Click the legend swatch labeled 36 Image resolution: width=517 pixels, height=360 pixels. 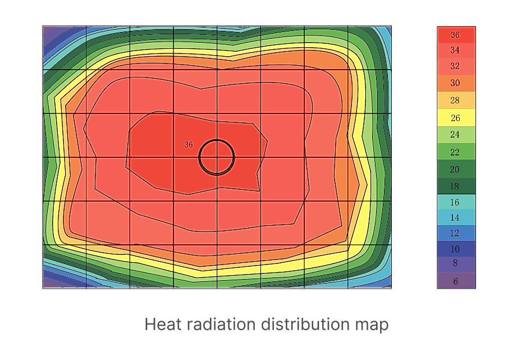(x=456, y=35)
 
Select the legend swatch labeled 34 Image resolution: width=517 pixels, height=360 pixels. (x=456, y=51)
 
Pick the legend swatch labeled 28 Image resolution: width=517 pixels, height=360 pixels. (x=456, y=101)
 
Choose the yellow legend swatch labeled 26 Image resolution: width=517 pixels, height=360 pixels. (x=456, y=118)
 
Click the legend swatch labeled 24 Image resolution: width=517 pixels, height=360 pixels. (x=456, y=135)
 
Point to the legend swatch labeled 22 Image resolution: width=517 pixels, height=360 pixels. (x=456, y=152)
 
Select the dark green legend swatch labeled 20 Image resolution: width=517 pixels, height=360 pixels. (x=456, y=169)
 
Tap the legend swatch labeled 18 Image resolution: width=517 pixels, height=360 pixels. (x=456, y=186)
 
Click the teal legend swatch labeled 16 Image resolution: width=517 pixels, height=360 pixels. (x=456, y=202)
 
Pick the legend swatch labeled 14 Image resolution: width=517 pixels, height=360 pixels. (x=456, y=217)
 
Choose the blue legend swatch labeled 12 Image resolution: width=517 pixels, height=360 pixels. (x=456, y=233)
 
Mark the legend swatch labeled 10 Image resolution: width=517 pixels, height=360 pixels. (x=456, y=249)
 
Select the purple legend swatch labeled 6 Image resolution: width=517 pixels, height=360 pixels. (x=456, y=281)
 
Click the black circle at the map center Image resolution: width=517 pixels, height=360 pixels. (x=217, y=157)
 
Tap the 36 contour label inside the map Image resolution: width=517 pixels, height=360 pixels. (x=189, y=145)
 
